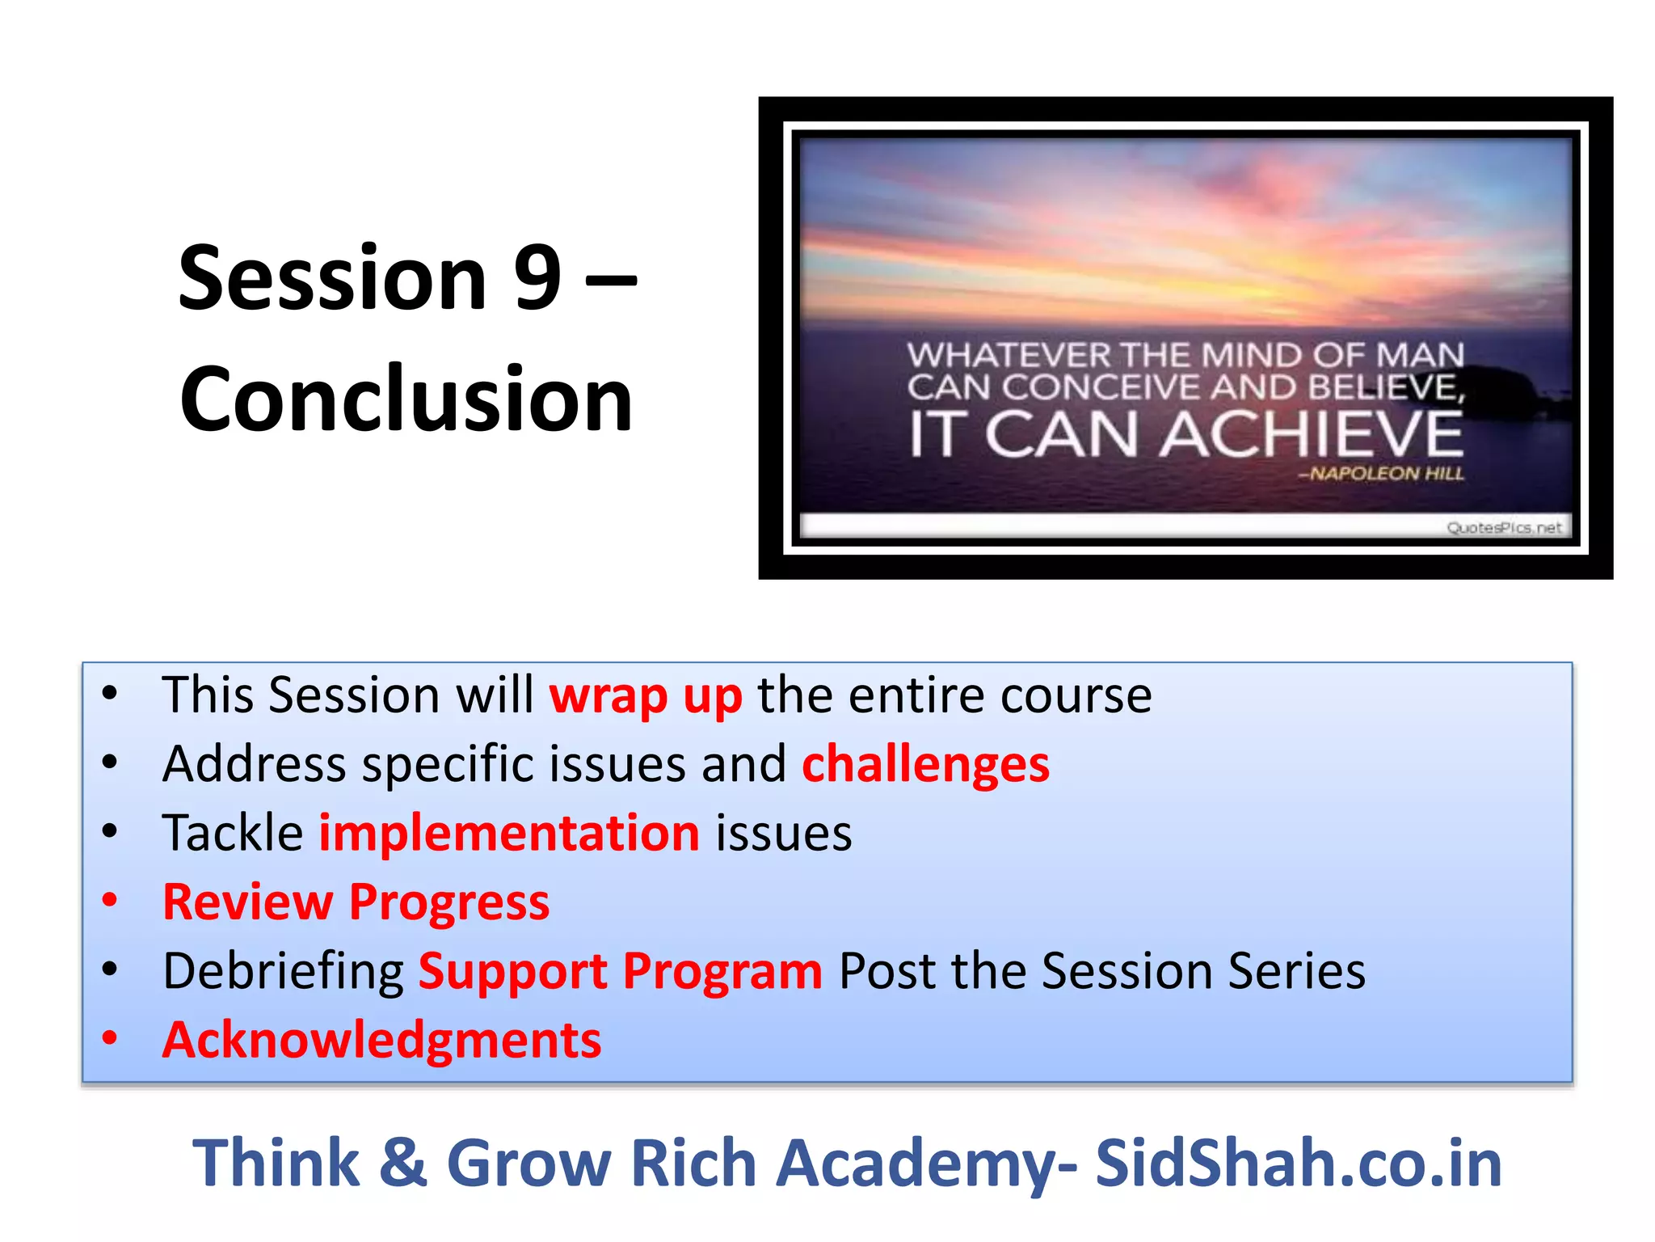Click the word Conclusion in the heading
(406, 399)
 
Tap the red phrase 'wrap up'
(645, 696)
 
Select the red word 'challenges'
(925, 765)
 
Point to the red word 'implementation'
(509, 834)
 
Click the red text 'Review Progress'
(356, 902)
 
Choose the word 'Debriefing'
(283, 971)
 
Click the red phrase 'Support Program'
(620, 971)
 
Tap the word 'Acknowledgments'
(381, 1040)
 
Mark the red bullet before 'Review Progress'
(110, 899)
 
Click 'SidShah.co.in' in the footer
(1298, 1164)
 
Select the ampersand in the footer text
(402, 1164)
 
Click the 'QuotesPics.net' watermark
(1503, 528)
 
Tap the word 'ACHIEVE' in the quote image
(1311, 435)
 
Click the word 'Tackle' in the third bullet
(233, 834)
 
